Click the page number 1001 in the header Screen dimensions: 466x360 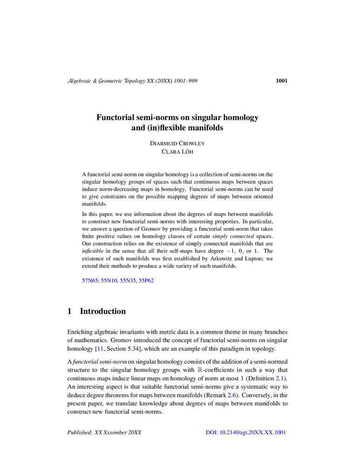coord(281,81)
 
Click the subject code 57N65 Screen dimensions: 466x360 coord(90,281)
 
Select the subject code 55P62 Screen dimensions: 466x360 coord(150,281)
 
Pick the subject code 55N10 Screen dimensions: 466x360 coord(110,281)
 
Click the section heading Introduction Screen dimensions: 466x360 coord(103,311)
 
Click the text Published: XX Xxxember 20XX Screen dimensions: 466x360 coord(105,432)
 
